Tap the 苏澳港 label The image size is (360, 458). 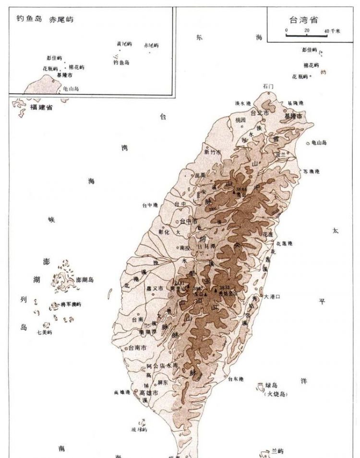click(311, 171)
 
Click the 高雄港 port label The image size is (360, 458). click(122, 392)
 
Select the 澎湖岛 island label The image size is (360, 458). click(84, 280)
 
